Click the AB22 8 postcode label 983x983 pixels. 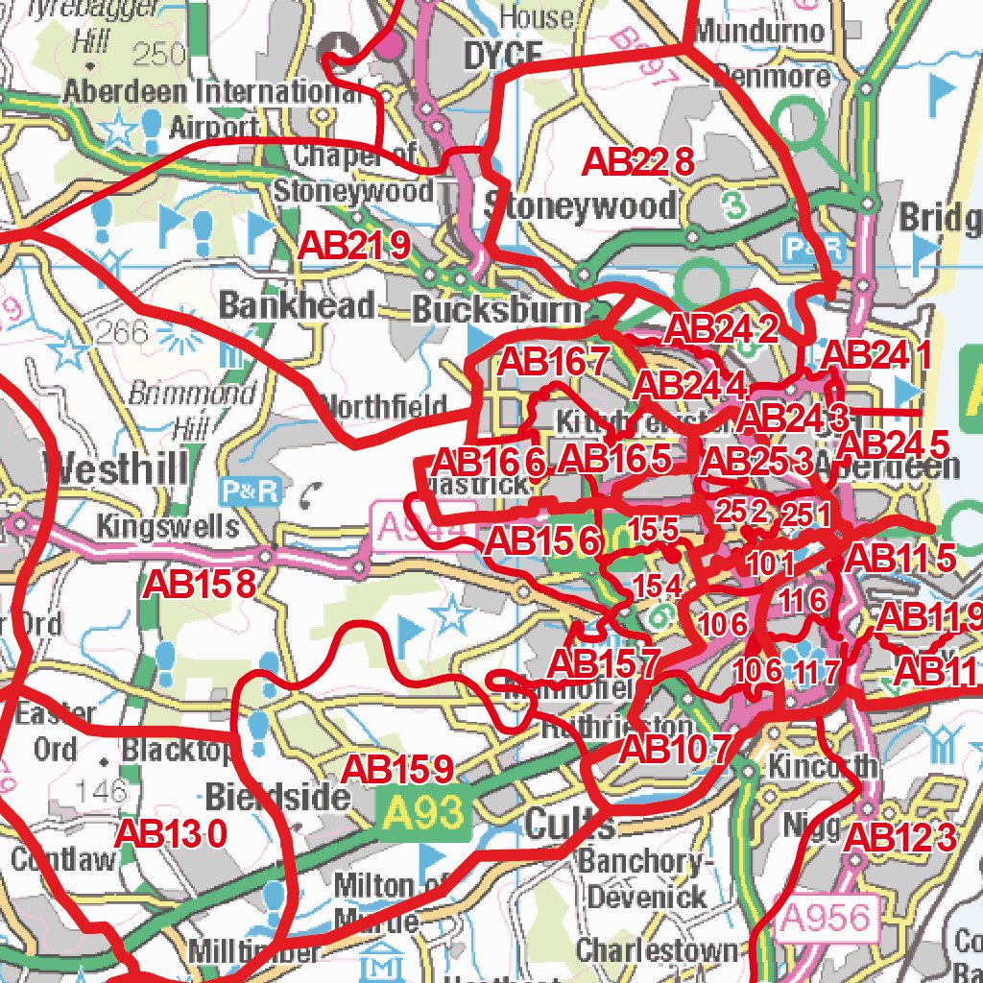pyautogui.click(x=637, y=162)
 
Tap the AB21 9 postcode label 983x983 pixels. pyautogui.click(x=354, y=246)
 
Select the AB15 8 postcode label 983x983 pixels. pyautogui.click(x=200, y=583)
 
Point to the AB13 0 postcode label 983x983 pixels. pyautogui.click(x=171, y=833)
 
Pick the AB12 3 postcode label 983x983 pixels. pyautogui.click(x=900, y=837)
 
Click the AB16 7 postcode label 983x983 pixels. pyautogui.click(x=555, y=362)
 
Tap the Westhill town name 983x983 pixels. pyautogui.click(x=116, y=470)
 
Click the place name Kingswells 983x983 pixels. pyautogui.click(x=168, y=526)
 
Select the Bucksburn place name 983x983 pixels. pyautogui.click(x=496, y=309)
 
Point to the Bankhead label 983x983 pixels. pyautogui.click(x=297, y=305)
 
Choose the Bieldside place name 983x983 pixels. pyautogui.click(x=276, y=796)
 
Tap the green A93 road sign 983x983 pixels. pyautogui.click(x=422, y=815)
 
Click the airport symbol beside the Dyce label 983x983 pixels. pyautogui.click(x=337, y=44)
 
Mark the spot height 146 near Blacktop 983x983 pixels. pyautogui.click(x=101, y=790)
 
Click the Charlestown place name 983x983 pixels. pyautogui.click(x=658, y=950)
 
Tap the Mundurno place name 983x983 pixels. pyautogui.click(x=758, y=31)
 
